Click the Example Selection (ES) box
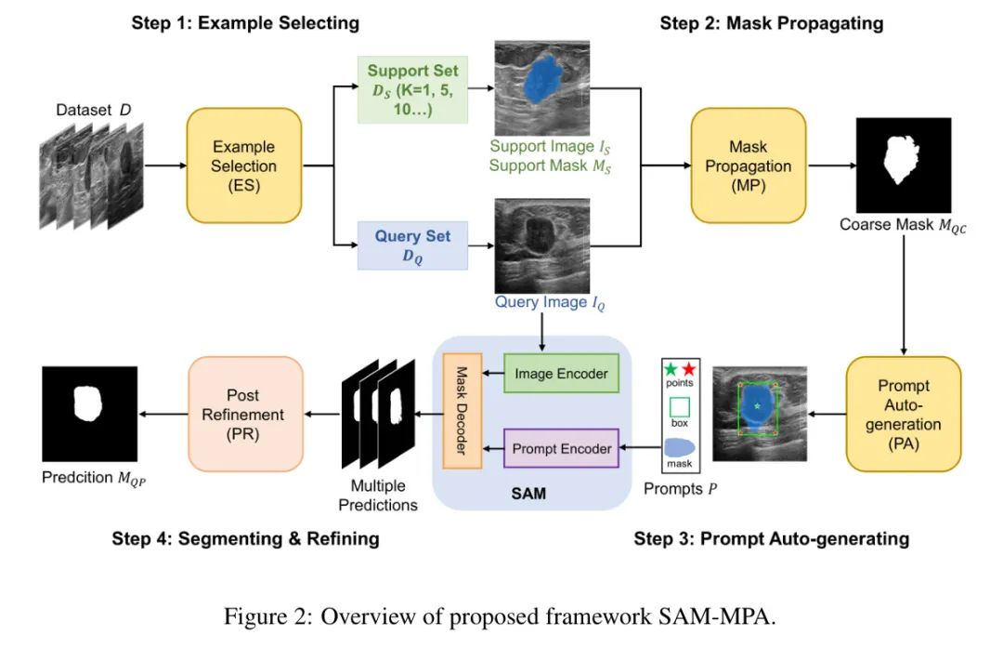tap(244, 165)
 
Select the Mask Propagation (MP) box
tap(748, 165)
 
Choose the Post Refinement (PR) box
tap(246, 413)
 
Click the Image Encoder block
tap(561, 374)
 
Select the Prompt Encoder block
tap(561, 448)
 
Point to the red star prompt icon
tap(688, 369)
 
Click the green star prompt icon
tap(671, 369)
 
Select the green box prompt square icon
tap(680, 406)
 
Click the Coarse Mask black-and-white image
tap(905, 165)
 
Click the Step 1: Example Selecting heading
tap(245, 22)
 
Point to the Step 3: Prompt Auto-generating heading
tap(771, 538)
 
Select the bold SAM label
tap(528, 494)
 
